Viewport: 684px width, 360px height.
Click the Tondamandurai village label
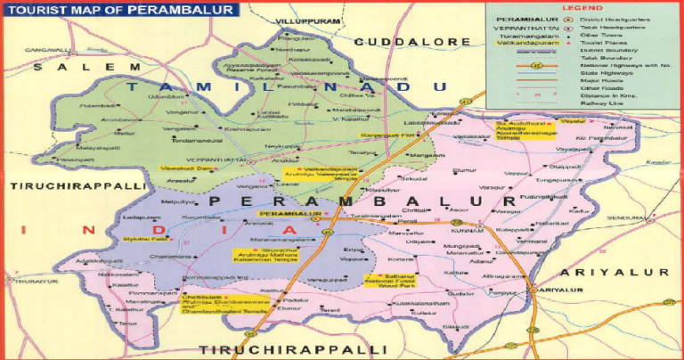tap(194, 140)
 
